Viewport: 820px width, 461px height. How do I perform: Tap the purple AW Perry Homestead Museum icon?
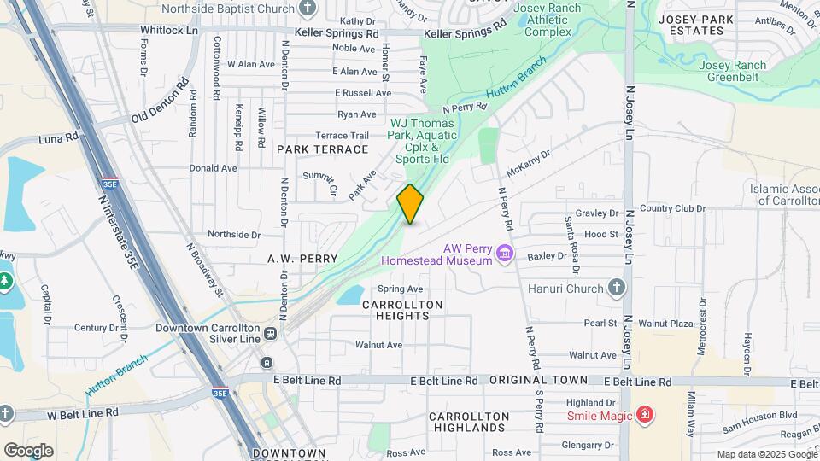click(x=505, y=253)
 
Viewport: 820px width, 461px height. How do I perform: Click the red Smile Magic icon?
click(x=646, y=416)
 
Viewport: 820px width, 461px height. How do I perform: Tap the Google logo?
click(x=28, y=450)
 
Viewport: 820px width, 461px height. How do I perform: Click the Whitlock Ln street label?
click(x=168, y=30)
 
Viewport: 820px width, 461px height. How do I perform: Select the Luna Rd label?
click(x=59, y=137)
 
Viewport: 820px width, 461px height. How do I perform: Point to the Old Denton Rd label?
click(x=160, y=104)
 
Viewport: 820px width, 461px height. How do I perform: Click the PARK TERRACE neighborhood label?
click(x=322, y=149)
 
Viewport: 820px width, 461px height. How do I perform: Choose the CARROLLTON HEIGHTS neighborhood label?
click(x=402, y=310)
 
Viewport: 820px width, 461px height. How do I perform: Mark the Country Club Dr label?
click(x=672, y=208)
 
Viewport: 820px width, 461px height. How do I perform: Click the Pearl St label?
click(x=600, y=324)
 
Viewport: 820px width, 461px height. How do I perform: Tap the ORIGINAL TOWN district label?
click(x=538, y=380)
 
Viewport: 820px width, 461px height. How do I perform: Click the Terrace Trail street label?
click(x=342, y=136)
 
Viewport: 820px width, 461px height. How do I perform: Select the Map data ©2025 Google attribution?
click(x=765, y=454)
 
